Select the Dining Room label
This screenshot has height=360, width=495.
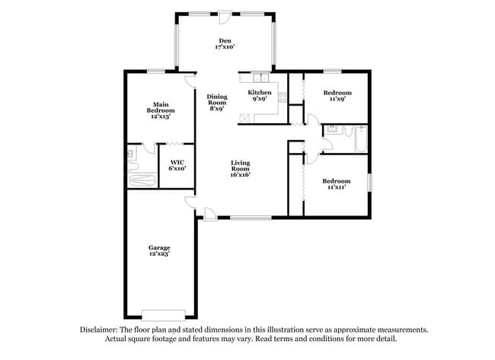click(217, 102)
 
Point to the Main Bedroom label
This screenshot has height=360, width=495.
click(161, 110)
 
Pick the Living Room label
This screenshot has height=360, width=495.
click(241, 168)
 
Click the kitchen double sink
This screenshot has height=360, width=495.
click(260, 77)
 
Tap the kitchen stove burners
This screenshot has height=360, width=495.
click(282, 97)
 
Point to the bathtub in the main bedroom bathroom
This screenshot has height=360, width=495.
click(142, 181)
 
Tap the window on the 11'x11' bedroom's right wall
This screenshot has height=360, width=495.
click(370, 183)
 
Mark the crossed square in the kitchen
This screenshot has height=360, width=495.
click(244, 116)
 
